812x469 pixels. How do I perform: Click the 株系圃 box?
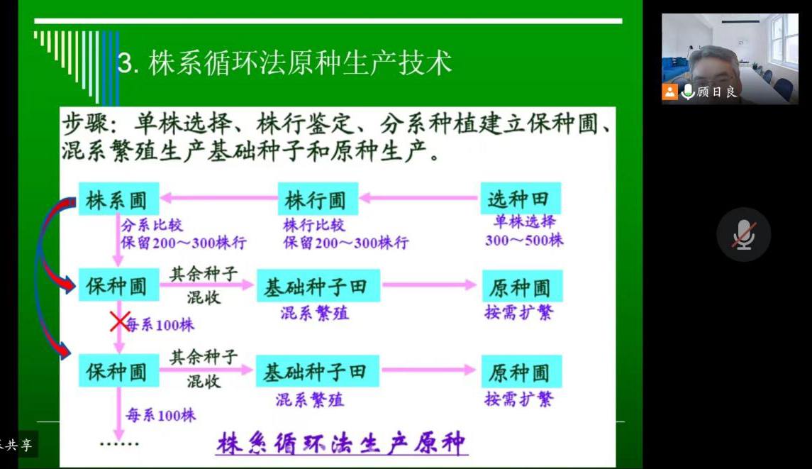[118, 199]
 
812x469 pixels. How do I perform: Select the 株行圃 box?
[318, 199]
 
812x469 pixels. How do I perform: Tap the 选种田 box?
[521, 198]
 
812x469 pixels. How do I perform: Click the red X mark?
[120, 322]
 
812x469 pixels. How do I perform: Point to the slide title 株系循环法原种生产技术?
[285, 63]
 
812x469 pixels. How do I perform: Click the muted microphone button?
[744, 235]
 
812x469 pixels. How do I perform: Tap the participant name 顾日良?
[716, 92]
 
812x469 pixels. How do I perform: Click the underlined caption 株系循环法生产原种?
[342, 443]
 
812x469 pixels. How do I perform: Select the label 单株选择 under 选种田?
[525, 222]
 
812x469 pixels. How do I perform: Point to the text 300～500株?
[524, 240]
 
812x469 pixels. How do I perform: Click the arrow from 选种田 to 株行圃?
[418, 197]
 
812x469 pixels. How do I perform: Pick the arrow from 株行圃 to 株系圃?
[218, 197]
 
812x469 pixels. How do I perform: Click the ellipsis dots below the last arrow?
[119, 443]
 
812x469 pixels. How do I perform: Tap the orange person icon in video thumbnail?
[669, 92]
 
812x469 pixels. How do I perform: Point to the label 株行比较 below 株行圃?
[314, 225]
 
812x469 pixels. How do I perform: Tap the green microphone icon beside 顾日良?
[688, 92]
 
